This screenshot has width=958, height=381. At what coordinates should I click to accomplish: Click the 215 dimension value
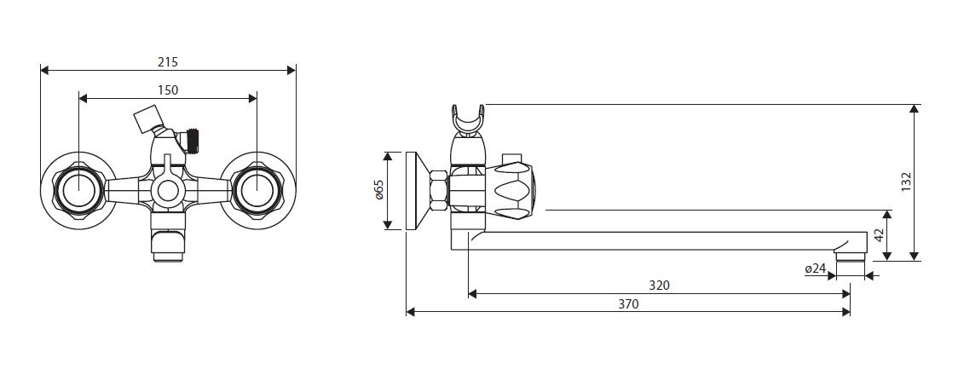(x=167, y=61)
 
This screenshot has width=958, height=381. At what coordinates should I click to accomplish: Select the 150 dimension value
(x=167, y=89)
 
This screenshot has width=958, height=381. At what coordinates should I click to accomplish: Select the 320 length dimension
(x=659, y=286)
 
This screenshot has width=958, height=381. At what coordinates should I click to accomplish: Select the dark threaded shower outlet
(x=192, y=141)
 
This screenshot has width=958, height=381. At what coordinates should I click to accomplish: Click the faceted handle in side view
(x=514, y=189)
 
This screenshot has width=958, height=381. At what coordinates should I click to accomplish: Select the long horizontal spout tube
(x=665, y=240)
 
